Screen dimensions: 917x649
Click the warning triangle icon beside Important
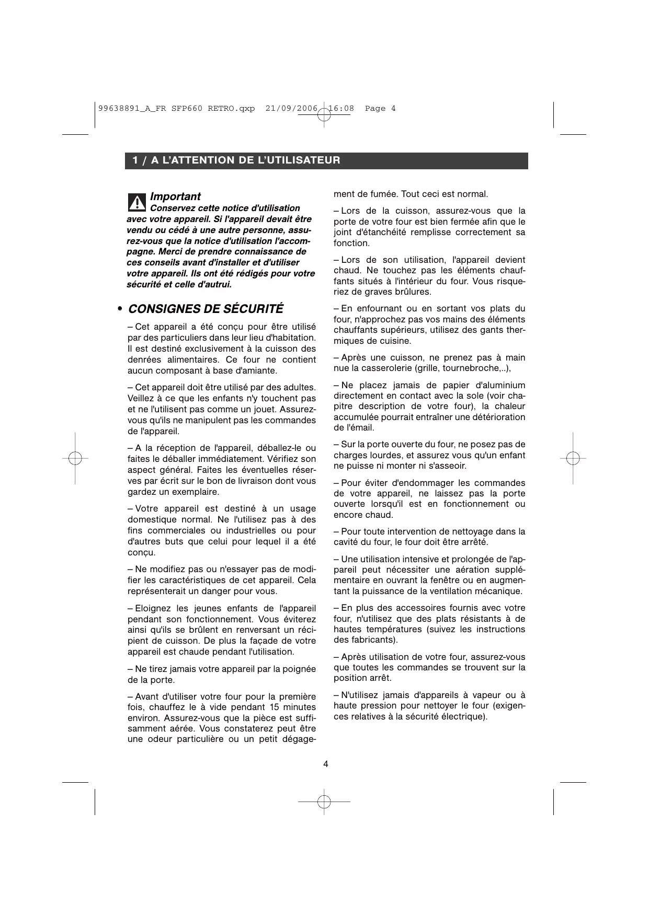(x=136, y=202)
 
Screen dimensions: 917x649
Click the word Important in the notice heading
(x=175, y=196)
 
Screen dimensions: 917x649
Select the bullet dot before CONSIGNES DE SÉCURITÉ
(x=120, y=309)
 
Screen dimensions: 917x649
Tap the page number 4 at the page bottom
(x=325, y=764)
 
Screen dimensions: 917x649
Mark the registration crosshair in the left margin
(x=75, y=458)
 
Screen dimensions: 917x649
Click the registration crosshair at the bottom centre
(x=324, y=801)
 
